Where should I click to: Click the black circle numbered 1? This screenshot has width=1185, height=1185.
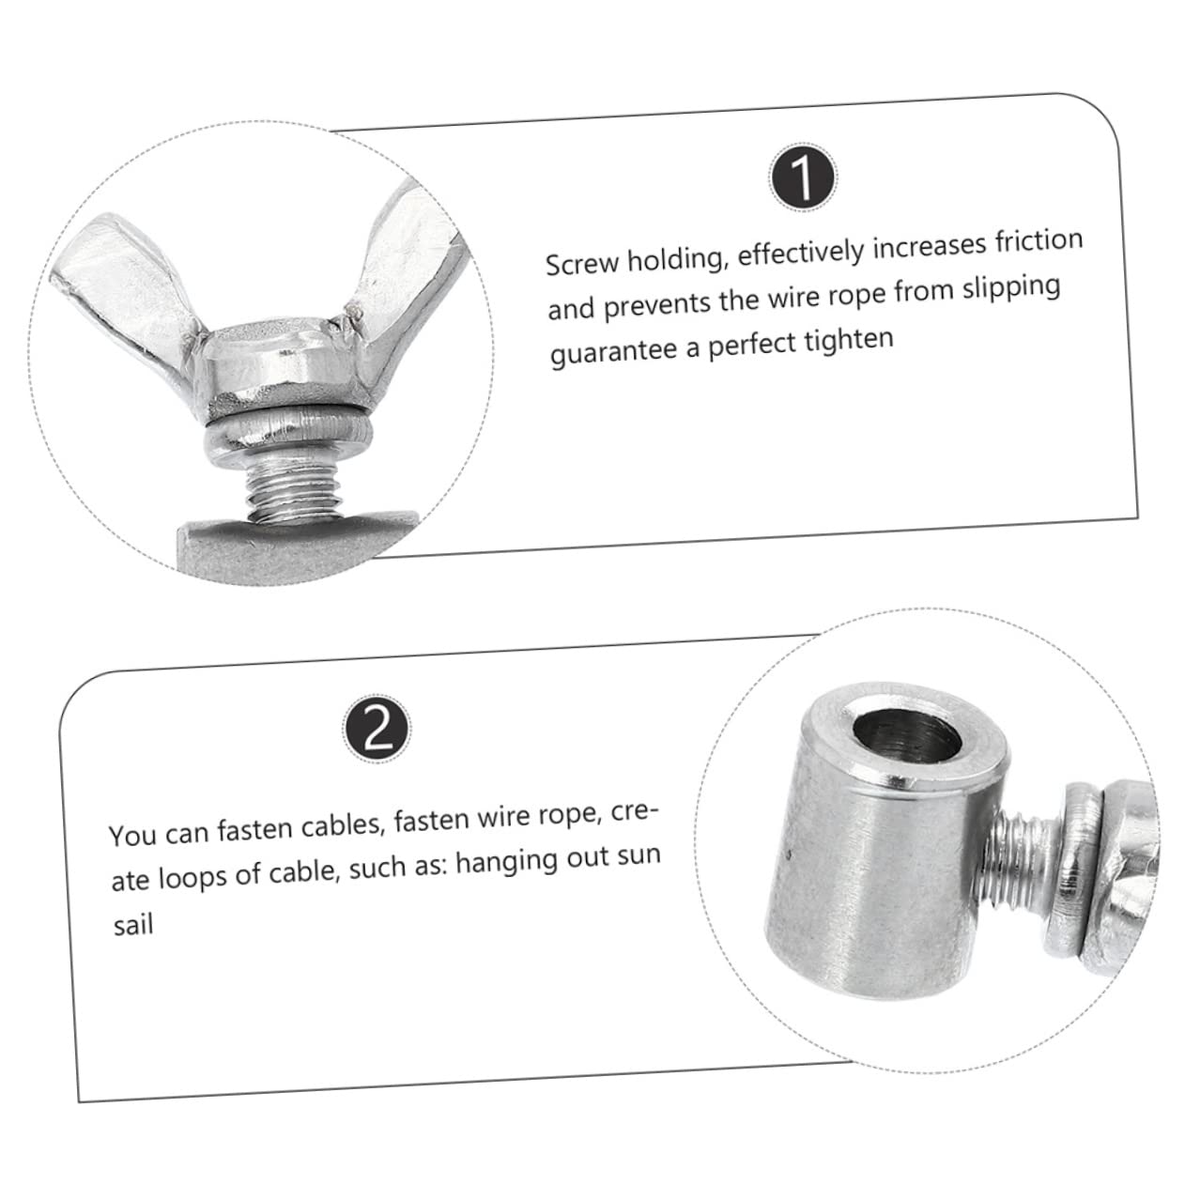[803, 177]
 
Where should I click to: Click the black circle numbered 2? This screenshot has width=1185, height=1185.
[377, 728]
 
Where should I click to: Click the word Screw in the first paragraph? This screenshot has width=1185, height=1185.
[581, 264]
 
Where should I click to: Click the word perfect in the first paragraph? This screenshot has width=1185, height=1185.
[753, 344]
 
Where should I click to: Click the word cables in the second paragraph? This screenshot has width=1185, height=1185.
[334, 829]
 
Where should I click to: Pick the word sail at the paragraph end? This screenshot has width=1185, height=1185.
[132, 926]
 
